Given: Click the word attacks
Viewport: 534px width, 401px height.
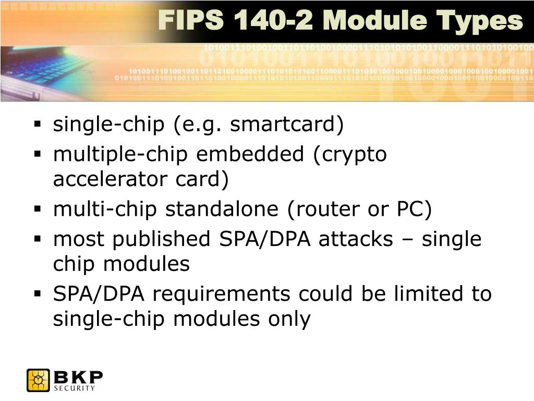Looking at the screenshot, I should coord(356,239).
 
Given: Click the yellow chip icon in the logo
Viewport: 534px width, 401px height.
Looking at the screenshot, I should coord(38,380).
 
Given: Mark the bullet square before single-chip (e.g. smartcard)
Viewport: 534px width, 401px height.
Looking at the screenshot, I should coord(38,125).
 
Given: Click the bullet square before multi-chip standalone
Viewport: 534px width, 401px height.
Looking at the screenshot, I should coord(38,209).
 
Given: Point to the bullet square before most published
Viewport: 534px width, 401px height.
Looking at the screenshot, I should coord(38,239).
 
